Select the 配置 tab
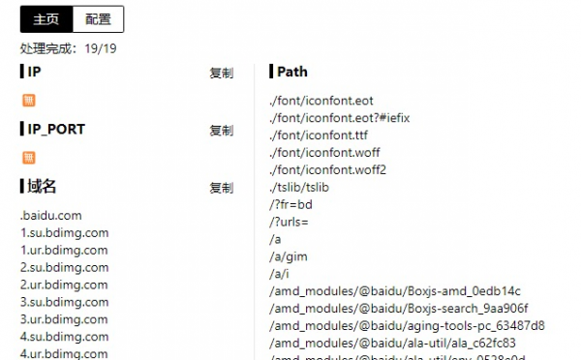click(98, 18)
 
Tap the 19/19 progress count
click(102, 47)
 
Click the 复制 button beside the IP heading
click(221, 73)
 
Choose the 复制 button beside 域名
click(221, 188)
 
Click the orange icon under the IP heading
click(28, 100)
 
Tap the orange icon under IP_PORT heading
click(28, 157)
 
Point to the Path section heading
click(291, 72)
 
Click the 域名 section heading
click(41, 187)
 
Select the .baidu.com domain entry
click(50, 216)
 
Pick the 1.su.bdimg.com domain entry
click(64, 233)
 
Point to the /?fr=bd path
click(290, 204)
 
